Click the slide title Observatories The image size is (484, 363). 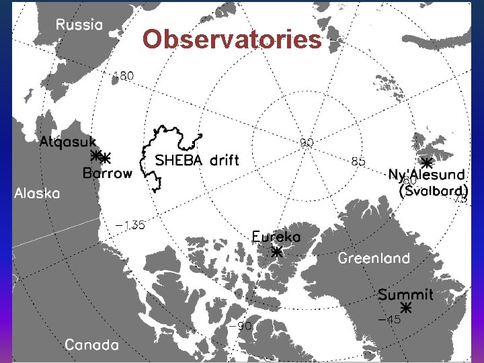click(x=232, y=40)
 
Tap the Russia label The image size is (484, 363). click(x=79, y=25)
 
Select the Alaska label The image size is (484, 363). click(x=37, y=193)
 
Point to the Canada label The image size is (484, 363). click(x=92, y=345)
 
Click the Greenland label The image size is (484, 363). click(x=374, y=258)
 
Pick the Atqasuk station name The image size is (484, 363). click(x=68, y=143)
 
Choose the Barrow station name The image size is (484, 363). click(x=108, y=173)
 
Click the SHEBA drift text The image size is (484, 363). click(x=197, y=161)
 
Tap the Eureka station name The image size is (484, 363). click(x=276, y=237)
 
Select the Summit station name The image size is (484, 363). click(x=405, y=294)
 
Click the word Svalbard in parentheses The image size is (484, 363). click(x=434, y=191)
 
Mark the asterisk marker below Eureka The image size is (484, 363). click(x=276, y=252)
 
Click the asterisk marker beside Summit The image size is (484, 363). click(x=405, y=308)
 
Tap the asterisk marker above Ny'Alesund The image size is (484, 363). click(x=426, y=163)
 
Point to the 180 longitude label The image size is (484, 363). click(x=123, y=76)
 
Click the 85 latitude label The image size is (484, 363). click(x=359, y=161)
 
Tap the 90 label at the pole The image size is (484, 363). click(x=307, y=143)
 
